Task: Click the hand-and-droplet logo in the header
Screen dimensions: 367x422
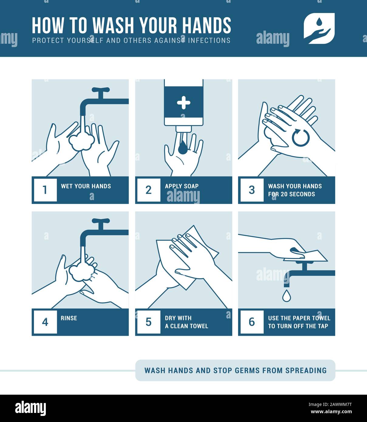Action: click(x=319, y=29)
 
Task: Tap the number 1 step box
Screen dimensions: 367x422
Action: click(x=45, y=190)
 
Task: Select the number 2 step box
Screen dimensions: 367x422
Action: click(x=149, y=190)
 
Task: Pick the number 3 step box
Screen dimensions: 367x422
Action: click(x=252, y=190)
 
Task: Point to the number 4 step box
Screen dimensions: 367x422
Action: click(x=45, y=322)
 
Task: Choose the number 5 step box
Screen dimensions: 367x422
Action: click(x=149, y=322)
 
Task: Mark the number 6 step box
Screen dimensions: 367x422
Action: click(x=252, y=322)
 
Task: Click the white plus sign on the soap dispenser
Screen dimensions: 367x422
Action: click(x=183, y=103)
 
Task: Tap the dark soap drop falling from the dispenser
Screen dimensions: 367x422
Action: click(x=183, y=148)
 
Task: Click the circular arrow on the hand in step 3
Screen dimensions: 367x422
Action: click(x=301, y=138)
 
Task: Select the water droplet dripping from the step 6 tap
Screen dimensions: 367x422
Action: click(x=286, y=296)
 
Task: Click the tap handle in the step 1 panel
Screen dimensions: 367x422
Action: click(x=100, y=90)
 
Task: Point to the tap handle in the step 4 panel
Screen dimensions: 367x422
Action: click(x=100, y=221)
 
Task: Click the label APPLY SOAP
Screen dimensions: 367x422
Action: click(x=182, y=186)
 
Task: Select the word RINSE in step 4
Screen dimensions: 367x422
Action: click(x=69, y=318)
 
